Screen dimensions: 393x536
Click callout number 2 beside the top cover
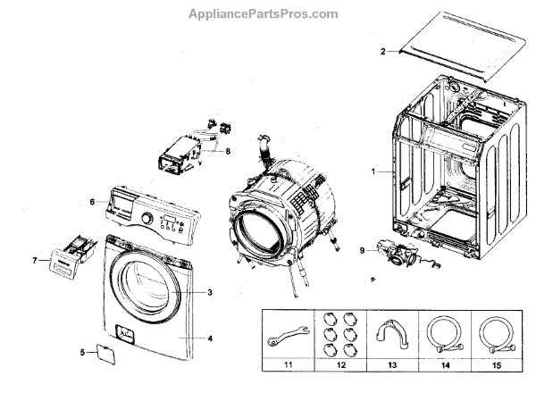coord(383,52)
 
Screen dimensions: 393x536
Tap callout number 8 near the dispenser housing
coord(228,151)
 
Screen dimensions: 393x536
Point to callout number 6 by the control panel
coord(92,203)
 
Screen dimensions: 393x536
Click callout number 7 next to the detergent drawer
coord(35,261)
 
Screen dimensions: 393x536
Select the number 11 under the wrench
coord(287,365)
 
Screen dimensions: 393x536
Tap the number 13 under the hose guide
coord(390,365)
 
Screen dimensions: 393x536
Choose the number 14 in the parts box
coord(441,365)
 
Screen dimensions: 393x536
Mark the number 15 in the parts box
coord(492,365)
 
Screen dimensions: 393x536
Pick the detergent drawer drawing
coord(64,256)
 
